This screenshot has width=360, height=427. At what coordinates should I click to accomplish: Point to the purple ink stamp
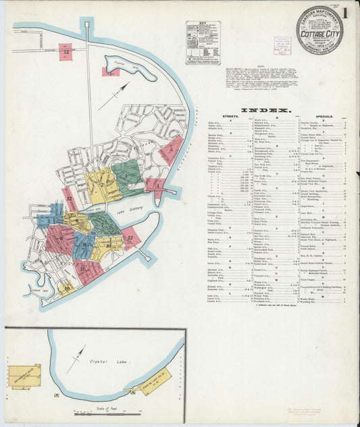coord(282,45)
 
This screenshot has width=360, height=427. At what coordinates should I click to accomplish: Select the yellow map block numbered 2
coord(103,186)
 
